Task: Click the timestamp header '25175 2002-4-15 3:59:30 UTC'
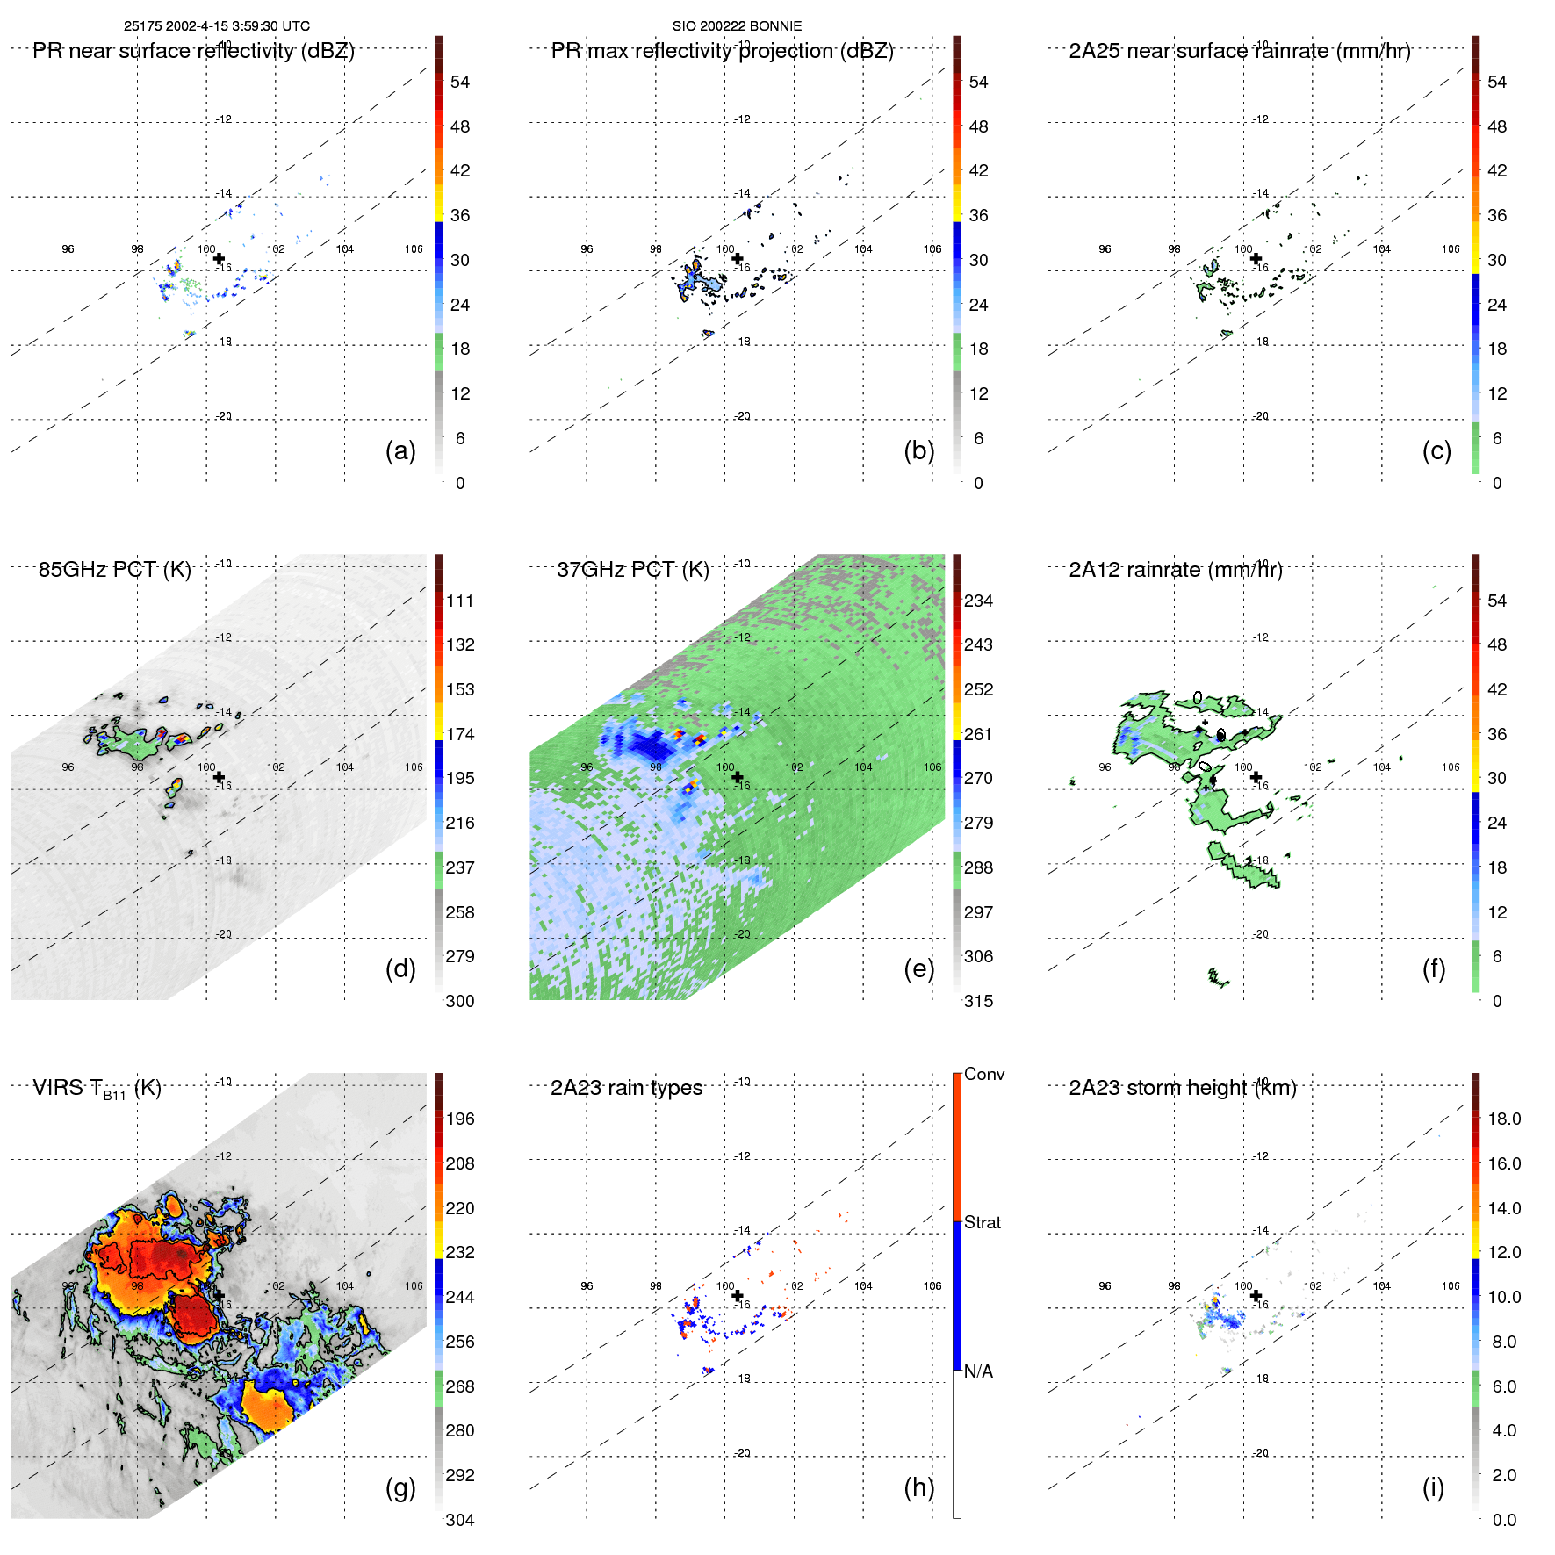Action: (216, 26)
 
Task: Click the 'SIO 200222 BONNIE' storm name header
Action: (737, 26)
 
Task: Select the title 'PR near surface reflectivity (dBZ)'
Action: (193, 51)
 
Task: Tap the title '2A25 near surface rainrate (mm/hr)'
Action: (1239, 51)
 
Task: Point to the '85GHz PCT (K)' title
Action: (114, 570)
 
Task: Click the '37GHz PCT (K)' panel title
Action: (632, 570)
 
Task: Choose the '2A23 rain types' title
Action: (626, 1089)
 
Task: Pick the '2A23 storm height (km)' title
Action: (1182, 1089)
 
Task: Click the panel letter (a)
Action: (400, 451)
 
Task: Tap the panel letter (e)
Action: (918, 969)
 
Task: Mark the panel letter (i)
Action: (1433, 1488)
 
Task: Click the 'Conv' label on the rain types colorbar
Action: (983, 1075)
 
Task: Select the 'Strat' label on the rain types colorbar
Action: (982, 1223)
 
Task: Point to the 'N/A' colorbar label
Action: (978, 1372)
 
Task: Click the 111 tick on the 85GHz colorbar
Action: (460, 601)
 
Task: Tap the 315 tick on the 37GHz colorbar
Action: (978, 1002)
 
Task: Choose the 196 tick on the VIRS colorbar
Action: (460, 1119)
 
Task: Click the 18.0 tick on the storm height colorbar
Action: (1504, 1119)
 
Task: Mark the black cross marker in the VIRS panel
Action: (219, 1295)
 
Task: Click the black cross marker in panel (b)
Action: (738, 258)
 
